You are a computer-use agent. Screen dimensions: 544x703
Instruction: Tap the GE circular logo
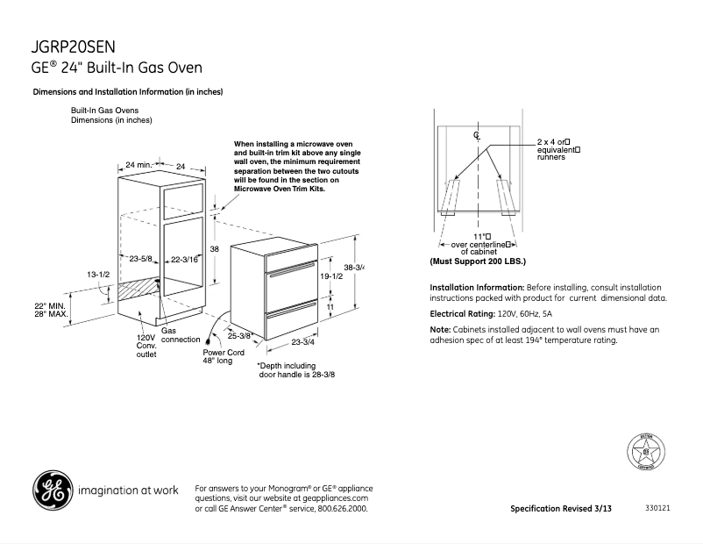53,490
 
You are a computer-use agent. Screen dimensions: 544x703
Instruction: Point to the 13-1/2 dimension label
98,275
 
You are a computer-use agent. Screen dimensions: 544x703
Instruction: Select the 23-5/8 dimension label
141,259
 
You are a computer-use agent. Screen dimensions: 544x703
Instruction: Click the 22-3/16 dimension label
184,259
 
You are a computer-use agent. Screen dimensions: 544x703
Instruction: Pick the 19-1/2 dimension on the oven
330,275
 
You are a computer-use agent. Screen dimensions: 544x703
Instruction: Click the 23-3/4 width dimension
303,342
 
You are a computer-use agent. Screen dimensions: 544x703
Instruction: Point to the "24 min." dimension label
138,165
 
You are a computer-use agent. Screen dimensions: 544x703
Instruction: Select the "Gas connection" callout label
181,335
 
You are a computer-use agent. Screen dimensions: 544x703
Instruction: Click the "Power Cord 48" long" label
224,356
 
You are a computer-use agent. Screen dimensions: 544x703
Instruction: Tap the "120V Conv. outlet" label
146,346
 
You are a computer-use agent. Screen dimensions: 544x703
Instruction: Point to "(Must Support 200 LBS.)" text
478,262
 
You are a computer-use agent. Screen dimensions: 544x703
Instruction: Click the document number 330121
657,509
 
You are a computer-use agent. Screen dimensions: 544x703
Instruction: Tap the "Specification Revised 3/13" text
561,509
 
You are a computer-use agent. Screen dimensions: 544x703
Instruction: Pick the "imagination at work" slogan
129,490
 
